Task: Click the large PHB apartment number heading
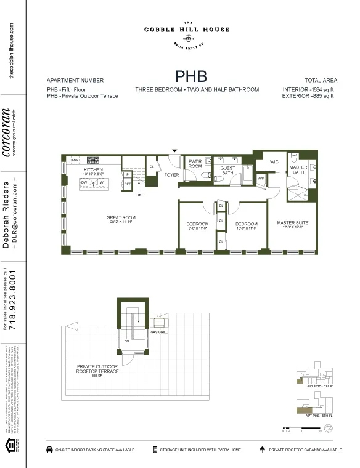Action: click(190, 76)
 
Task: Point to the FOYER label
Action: click(171, 175)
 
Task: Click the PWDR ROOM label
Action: click(195, 164)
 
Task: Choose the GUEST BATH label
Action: click(227, 171)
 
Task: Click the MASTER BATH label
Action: click(298, 170)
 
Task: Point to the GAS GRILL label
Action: click(158, 333)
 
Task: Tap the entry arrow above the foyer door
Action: click(174, 150)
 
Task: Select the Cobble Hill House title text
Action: click(187, 30)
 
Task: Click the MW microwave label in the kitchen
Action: click(75, 160)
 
